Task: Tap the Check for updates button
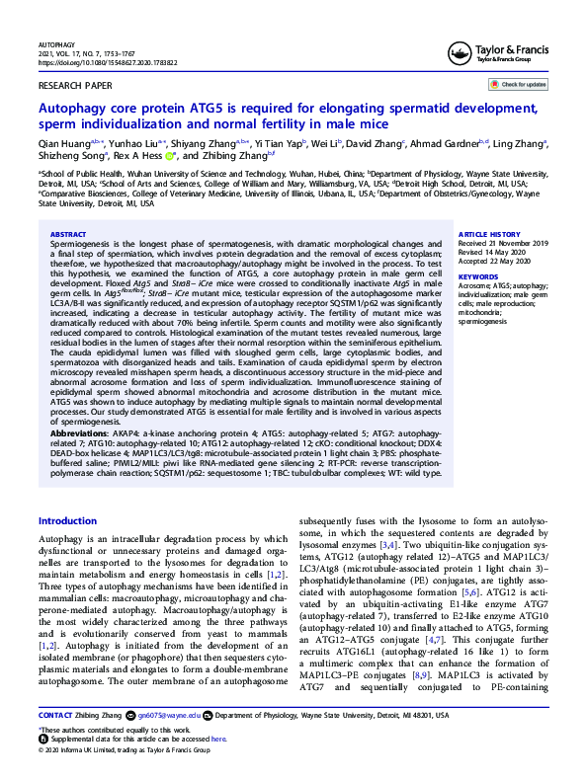point(521,85)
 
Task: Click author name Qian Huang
point(61,144)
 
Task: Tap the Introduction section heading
point(67,520)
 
